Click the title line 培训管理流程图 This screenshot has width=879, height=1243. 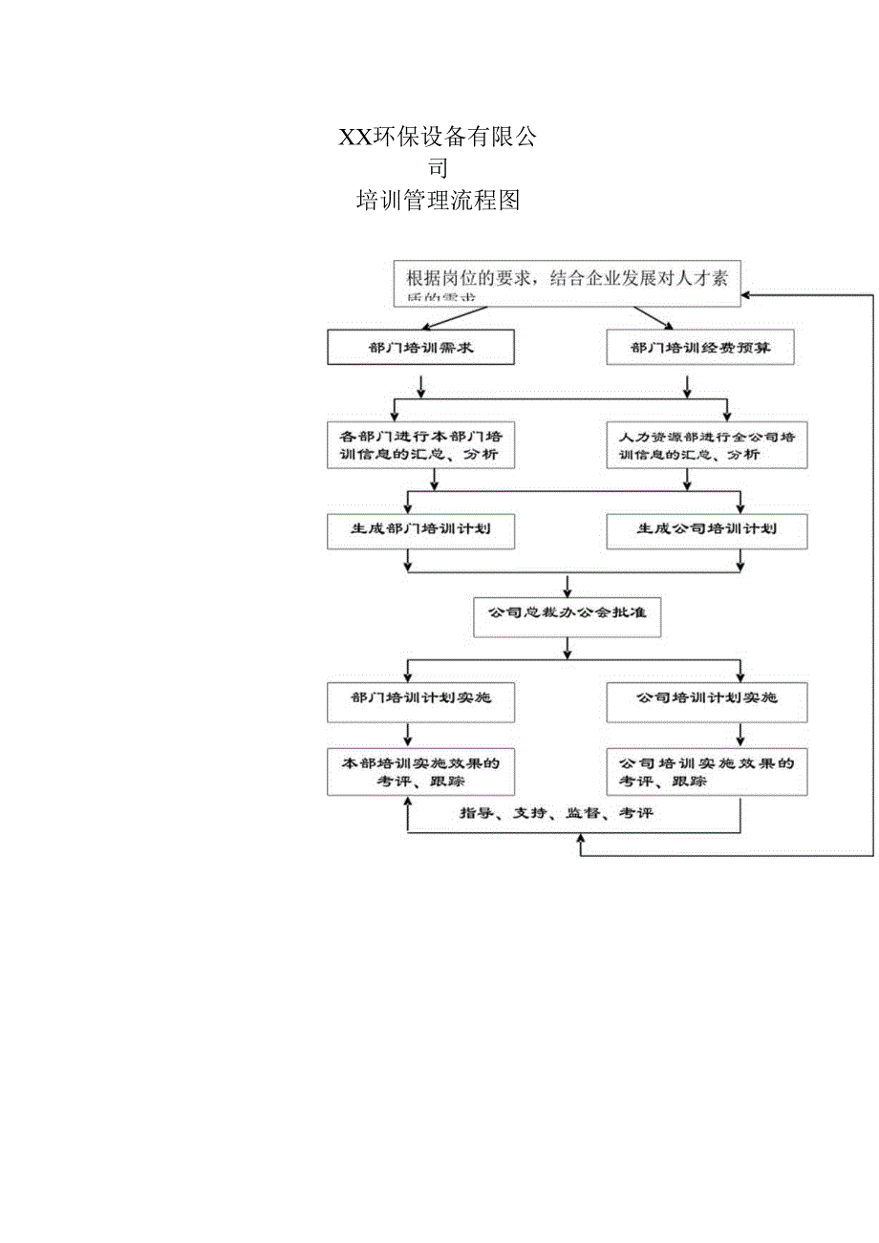(x=438, y=201)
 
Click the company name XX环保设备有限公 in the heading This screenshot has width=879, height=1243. (x=438, y=138)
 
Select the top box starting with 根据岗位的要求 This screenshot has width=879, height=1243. (x=567, y=283)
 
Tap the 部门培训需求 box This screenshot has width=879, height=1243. (x=420, y=348)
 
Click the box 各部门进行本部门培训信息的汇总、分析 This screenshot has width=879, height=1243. (x=420, y=444)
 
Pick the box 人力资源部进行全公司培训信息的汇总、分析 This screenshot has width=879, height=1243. (x=706, y=444)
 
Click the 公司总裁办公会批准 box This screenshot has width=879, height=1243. (x=568, y=616)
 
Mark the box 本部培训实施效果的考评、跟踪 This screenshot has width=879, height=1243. (x=420, y=772)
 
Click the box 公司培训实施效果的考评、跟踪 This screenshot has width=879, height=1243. (x=706, y=772)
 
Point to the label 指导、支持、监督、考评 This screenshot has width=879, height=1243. (x=556, y=813)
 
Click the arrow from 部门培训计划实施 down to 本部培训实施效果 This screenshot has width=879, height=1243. (x=408, y=735)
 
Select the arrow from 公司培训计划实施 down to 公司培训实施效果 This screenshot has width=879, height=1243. (x=741, y=735)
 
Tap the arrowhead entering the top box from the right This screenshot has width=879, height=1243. (x=749, y=294)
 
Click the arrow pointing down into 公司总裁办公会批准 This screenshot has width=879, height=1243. (x=568, y=586)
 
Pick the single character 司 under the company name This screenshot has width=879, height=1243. (x=438, y=168)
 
